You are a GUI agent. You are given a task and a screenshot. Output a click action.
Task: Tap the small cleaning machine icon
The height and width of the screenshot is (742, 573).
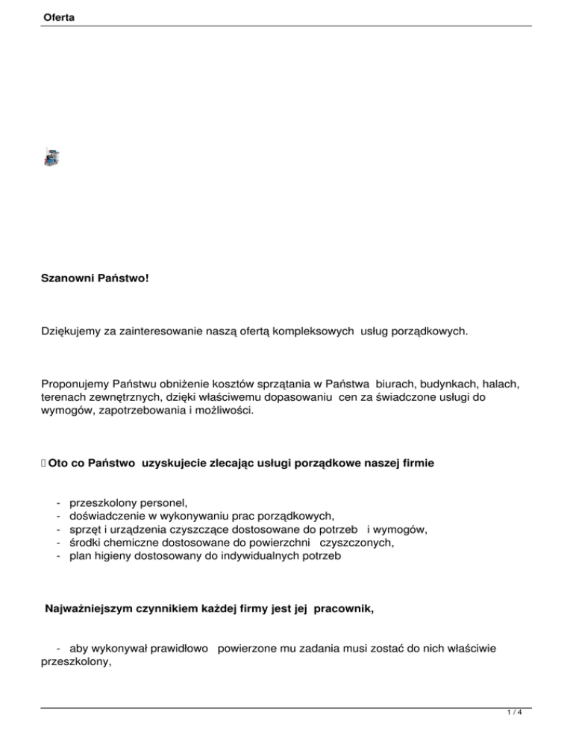click(x=51, y=157)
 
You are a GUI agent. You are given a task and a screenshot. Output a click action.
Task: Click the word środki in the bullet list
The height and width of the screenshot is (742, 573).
click(x=86, y=543)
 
